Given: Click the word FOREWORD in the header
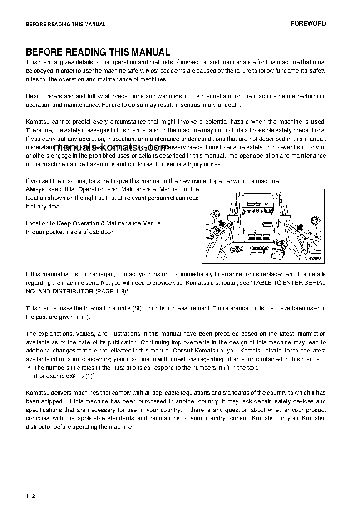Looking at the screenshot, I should (x=308, y=24).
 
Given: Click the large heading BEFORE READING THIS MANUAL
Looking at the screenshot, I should (x=98, y=52).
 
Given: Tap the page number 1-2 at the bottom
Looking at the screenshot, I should (x=30, y=495).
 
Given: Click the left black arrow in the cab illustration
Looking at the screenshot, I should (x=221, y=223).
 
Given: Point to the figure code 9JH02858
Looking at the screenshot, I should (x=312, y=259).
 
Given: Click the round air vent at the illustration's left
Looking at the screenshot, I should (x=216, y=214).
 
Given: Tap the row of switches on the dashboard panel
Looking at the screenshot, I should (x=259, y=211).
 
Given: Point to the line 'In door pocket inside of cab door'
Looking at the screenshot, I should (x=69, y=232).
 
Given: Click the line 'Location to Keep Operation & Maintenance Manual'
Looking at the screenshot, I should (x=94, y=223).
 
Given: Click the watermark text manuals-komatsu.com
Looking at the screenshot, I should (x=112, y=146).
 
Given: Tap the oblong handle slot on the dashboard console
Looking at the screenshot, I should (x=268, y=224).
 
